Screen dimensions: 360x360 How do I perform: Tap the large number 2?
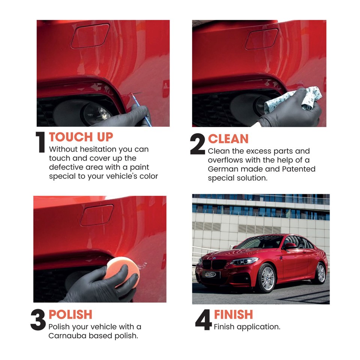(198, 144)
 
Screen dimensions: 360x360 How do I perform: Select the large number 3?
(38, 321)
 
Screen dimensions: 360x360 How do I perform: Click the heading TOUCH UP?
(81, 137)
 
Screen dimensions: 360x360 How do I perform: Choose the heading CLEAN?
(228, 139)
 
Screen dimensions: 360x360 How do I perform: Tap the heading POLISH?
(70, 314)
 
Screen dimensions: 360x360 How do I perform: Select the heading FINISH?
(233, 314)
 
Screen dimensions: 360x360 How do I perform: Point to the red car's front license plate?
(211, 274)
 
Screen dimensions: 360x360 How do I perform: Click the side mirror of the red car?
(289, 246)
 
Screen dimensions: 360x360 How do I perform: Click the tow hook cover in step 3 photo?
(97, 215)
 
